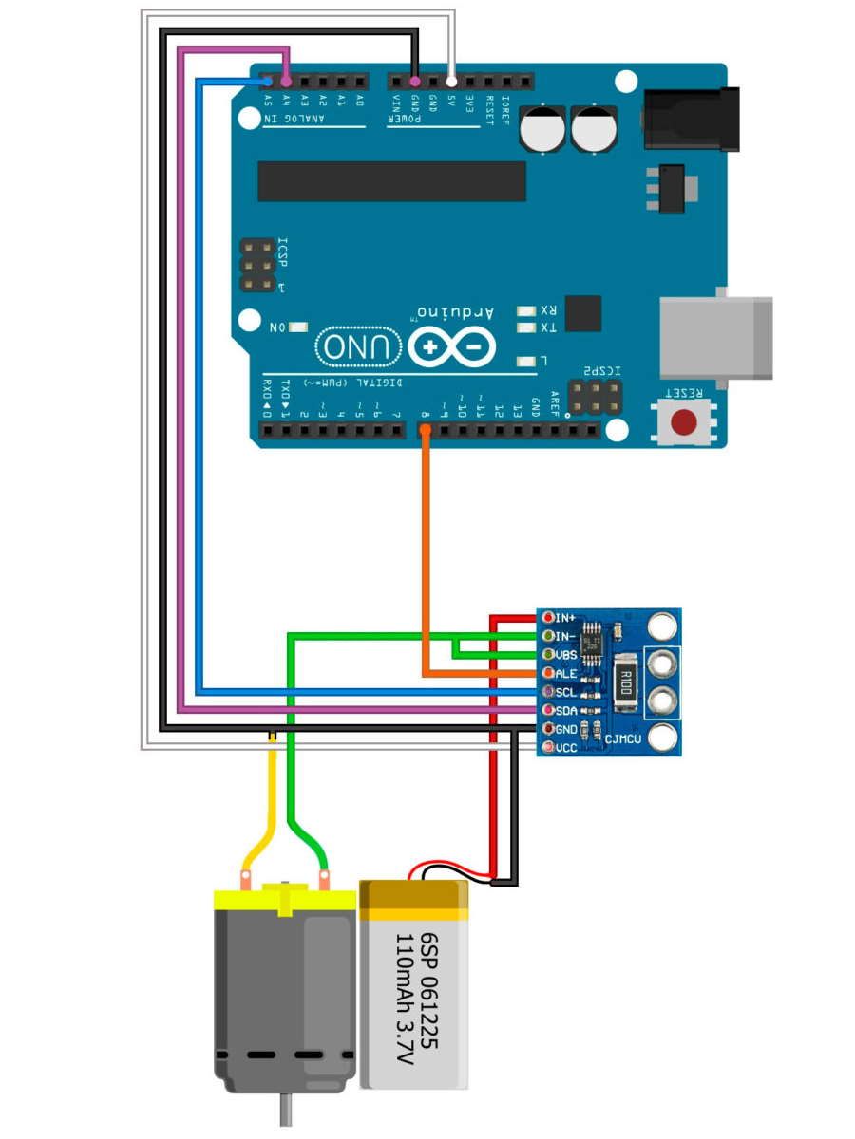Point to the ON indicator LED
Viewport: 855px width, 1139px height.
(x=298, y=327)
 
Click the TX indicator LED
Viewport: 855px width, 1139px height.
(x=526, y=328)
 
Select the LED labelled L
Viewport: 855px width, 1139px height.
(x=526, y=362)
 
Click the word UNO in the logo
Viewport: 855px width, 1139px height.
(x=356, y=347)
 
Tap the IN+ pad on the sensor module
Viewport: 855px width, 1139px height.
(x=548, y=618)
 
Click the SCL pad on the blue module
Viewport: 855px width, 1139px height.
(x=548, y=692)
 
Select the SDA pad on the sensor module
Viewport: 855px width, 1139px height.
(x=548, y=710)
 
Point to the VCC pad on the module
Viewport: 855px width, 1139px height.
(x=548, y=748)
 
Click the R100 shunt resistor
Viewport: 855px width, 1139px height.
(x=624, y=681)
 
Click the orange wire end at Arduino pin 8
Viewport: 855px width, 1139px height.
(x=425, y=432)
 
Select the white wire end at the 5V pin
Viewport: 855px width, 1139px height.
(x=451, y=81)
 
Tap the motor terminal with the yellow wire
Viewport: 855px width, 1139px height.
(x=247, y=885)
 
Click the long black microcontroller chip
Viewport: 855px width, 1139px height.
(x=391, y=181)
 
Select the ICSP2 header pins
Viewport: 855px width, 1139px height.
(x=596, y=397)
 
